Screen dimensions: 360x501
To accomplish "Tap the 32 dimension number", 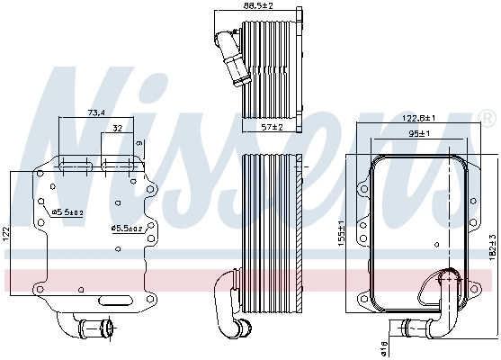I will pos(118,130).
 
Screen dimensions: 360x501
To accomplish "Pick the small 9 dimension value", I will pos(139,143).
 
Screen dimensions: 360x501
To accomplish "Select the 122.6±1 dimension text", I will pos(419,118).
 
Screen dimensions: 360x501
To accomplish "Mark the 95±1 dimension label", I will pos(419,135).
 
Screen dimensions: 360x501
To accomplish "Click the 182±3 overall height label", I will pos(492,248).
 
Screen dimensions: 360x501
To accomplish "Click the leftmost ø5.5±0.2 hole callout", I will pos(67,212).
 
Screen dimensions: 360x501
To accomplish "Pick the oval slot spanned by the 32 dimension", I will pos(119,166).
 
